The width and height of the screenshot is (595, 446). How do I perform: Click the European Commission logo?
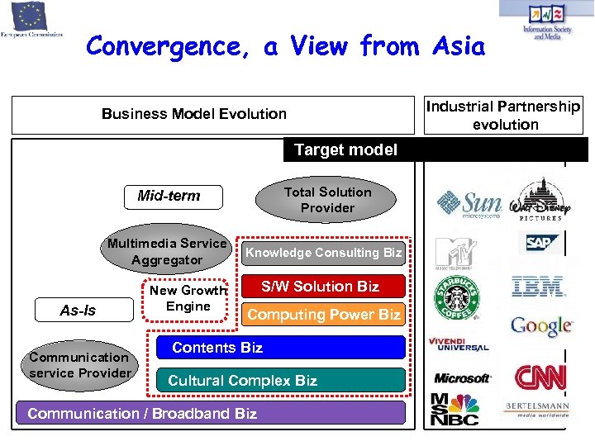(x=31, y=20)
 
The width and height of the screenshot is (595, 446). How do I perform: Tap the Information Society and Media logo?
(x=546, y=21)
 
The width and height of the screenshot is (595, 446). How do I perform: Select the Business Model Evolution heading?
(x=194, y=114)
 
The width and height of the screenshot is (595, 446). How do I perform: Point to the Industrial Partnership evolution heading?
(x=503, y=115)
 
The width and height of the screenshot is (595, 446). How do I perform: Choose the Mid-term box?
(x=169, y=196)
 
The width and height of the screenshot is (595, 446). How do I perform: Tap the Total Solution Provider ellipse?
(x=327, y=200)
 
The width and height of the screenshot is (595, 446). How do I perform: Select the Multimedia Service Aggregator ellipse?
(x=166, y=251)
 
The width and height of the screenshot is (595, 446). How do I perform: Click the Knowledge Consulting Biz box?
(x=323, y=253)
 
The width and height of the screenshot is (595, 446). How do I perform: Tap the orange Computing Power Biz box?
(x=323, y=314)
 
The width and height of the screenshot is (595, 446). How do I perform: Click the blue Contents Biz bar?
(x=281, y=348)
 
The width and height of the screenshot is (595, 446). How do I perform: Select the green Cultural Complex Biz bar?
(x=281, y=380)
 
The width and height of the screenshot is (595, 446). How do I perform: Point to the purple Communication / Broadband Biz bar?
(x=210, y=413)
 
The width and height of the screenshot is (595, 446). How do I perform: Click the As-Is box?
(x=78, y=311)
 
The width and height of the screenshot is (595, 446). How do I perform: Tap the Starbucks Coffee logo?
(x=456, y=297)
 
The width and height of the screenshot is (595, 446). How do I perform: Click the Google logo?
(x=540, y=325)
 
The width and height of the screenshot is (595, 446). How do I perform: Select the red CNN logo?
(x=540, y=377)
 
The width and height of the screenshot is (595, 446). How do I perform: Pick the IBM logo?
(x=538, y=287)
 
